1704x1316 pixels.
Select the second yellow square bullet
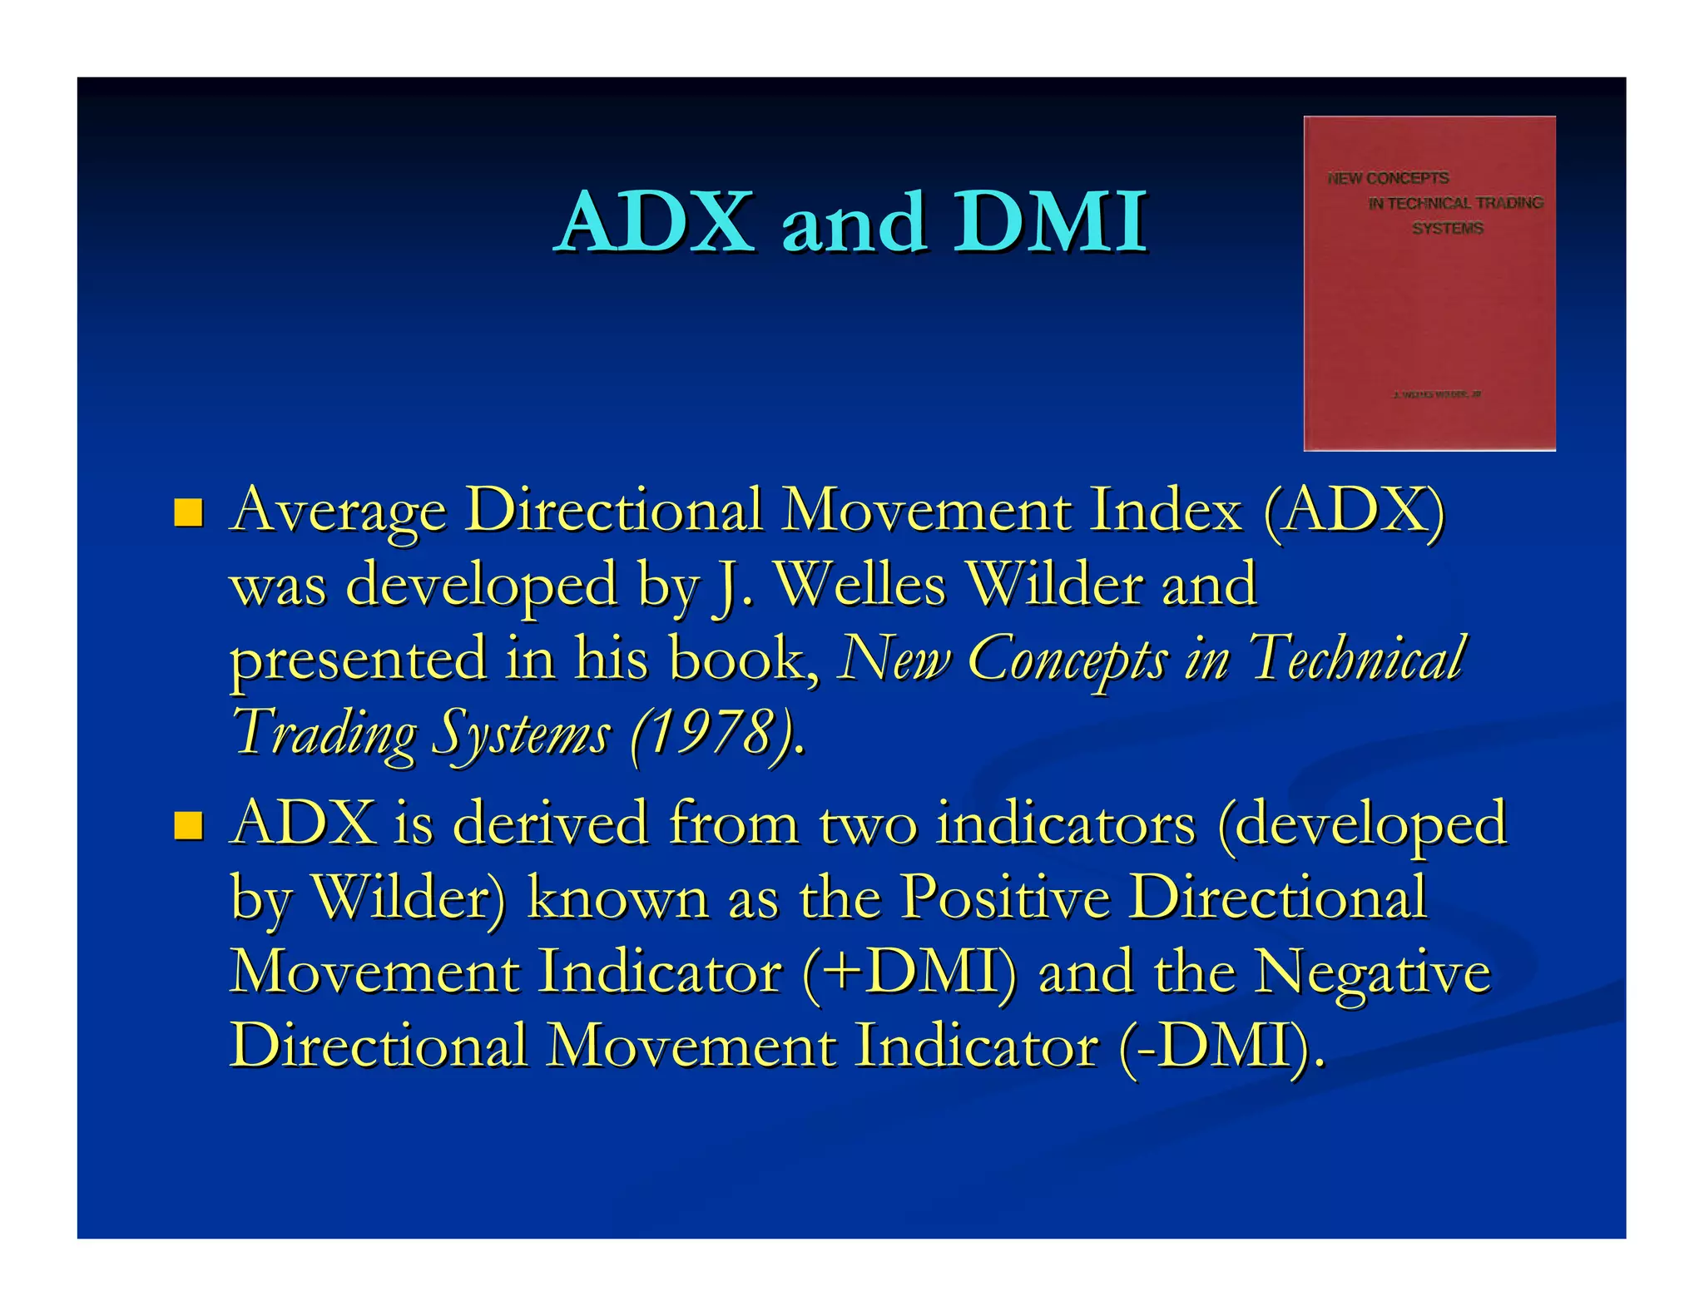[188, 825]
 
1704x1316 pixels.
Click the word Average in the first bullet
[339, 511]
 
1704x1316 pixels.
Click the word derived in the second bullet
[549, 824]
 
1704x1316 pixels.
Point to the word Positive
[1004, 898]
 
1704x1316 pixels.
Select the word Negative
[1372, 972]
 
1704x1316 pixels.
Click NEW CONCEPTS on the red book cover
[1388, 178]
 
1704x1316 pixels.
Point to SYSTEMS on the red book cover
[1447, 228]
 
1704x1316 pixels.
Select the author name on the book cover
[1436, 394]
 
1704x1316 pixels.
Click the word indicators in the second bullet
[1065, 824]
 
